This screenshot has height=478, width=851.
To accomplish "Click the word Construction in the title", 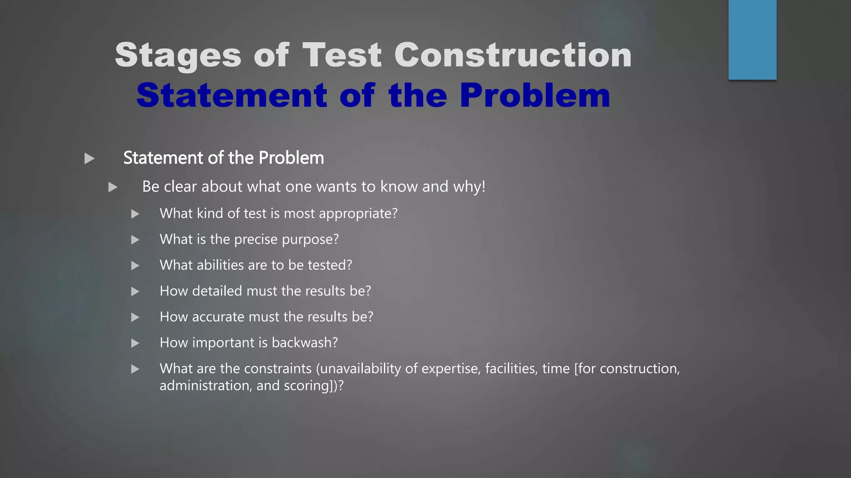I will click(x=513, y=55).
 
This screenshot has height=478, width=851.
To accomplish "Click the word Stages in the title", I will click(x=178, y=56).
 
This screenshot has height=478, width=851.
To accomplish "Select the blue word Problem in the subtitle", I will click(x=535, y=95).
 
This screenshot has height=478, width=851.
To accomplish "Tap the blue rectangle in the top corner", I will click(x=752, y=39).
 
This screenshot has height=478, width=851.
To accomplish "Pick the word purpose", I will click(x=310, y=240).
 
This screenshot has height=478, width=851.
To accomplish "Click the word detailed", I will click(x=217, y=291).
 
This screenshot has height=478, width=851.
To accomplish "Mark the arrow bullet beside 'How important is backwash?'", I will click(x=135, y=343).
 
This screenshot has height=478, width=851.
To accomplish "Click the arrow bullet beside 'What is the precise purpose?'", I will click(x=135, y=240).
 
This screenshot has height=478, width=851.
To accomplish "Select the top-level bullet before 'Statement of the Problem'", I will click(x=89, y=159).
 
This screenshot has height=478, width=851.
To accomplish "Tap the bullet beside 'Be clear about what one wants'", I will click(x=113, y=187).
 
